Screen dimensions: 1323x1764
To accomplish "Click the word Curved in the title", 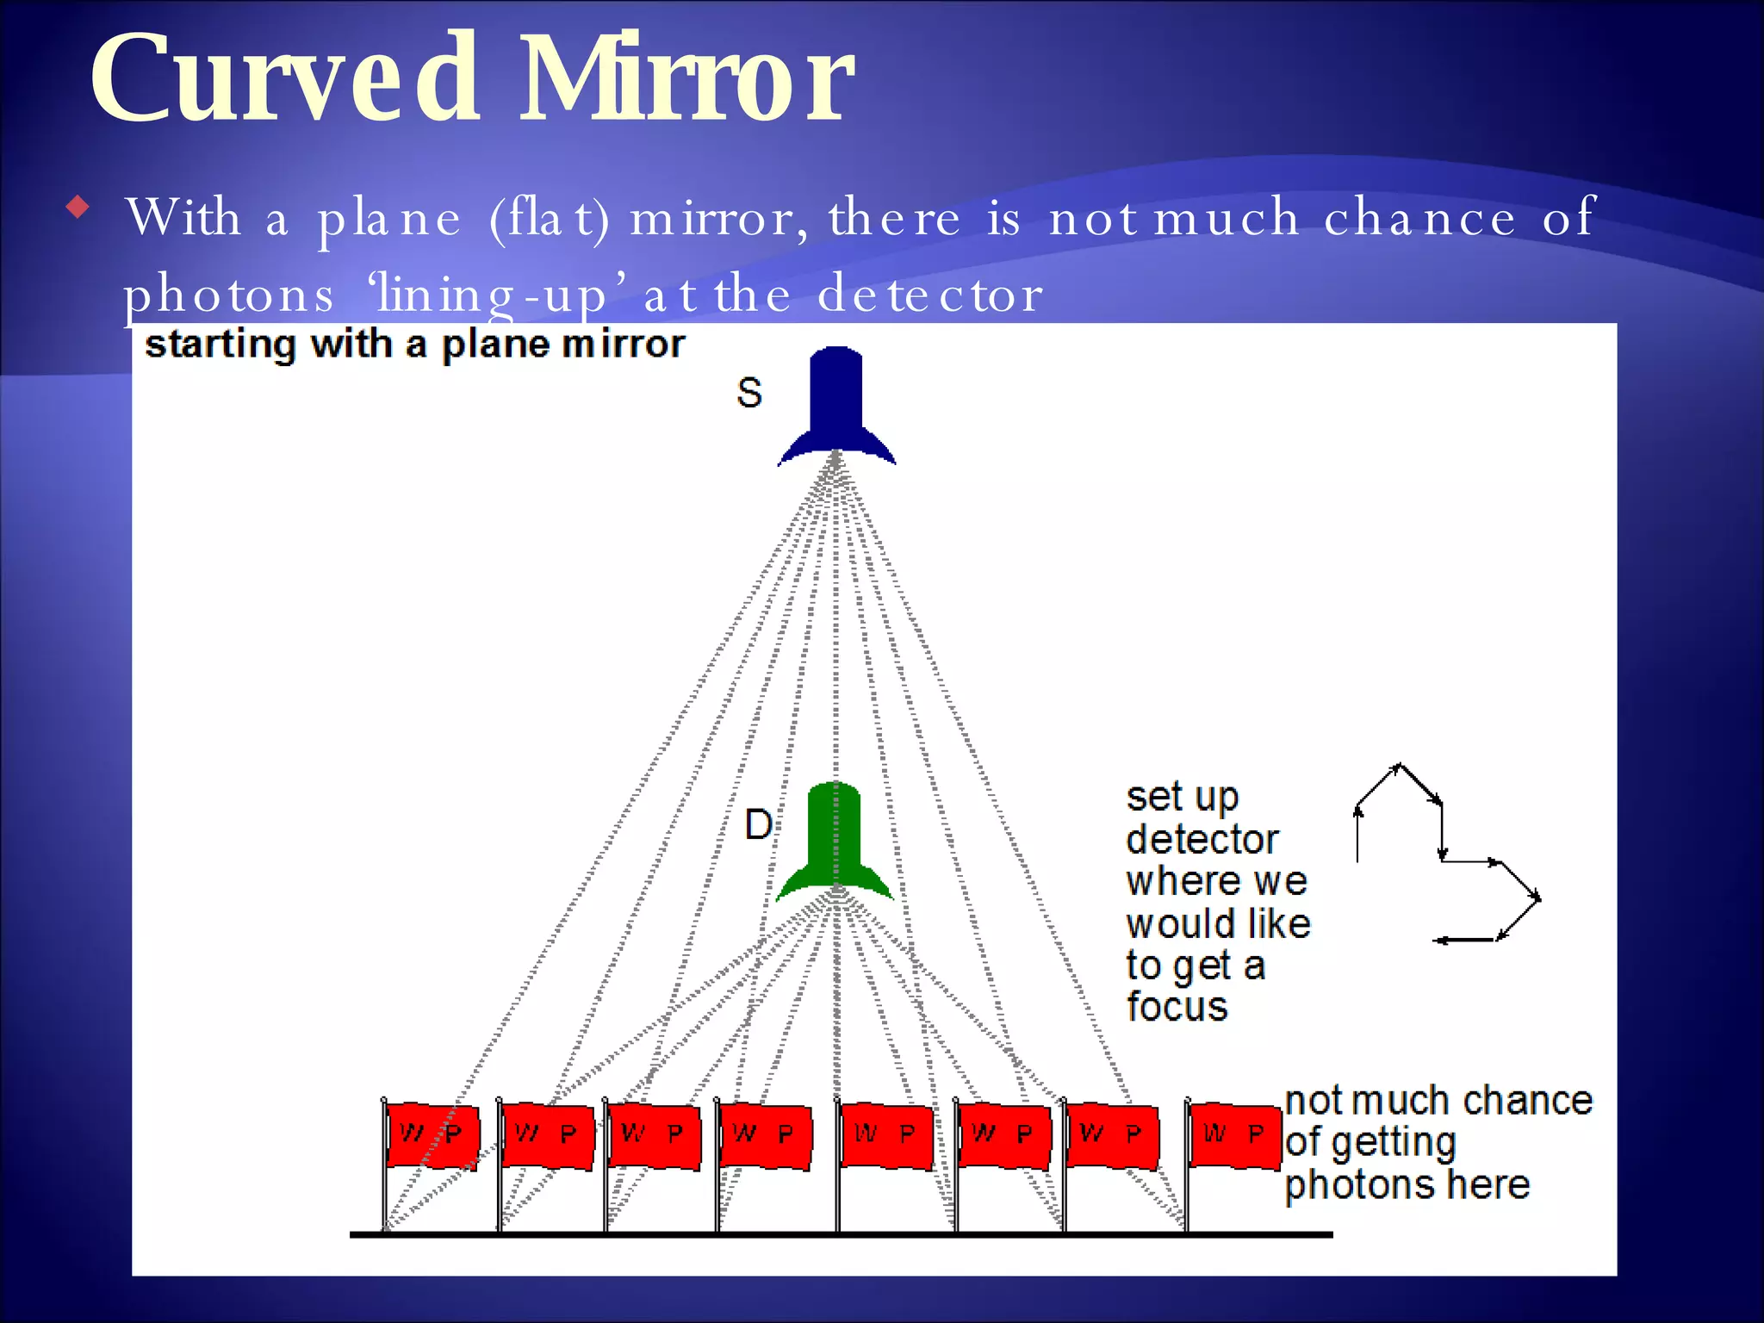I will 284,79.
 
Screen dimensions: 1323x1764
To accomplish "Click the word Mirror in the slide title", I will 685,79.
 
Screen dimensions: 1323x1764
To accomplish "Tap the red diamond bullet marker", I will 78,207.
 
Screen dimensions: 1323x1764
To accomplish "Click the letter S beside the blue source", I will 749,393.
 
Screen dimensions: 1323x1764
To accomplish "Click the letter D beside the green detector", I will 758,825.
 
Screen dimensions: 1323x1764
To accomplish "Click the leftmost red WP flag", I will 431,1135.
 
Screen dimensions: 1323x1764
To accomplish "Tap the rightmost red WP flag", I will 1233,1135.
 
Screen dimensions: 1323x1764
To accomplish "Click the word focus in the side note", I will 1177,1006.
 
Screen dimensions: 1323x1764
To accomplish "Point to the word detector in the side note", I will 1202,839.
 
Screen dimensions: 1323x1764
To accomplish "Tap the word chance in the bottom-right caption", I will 1527,1101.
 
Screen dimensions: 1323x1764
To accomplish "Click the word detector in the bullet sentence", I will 930,295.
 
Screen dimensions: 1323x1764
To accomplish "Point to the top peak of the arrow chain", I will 1399,765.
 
